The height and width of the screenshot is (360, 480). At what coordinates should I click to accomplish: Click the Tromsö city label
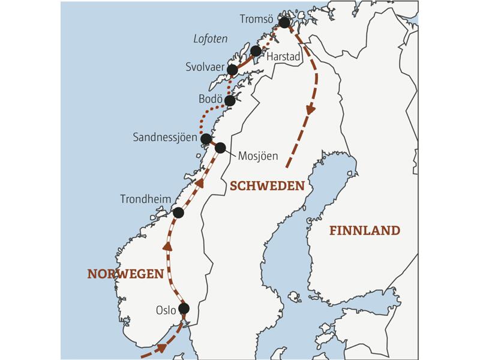[257, 20]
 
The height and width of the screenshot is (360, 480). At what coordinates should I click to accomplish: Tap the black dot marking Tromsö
[284, 23]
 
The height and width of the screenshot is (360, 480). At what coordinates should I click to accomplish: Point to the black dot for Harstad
[256, 51]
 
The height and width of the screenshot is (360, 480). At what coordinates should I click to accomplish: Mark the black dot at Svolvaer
[233, 70]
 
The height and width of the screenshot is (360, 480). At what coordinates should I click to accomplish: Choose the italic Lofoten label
[210, 39]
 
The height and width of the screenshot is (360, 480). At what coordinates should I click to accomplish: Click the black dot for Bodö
[230, 101]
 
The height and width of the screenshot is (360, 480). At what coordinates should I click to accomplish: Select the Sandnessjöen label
[165, 137]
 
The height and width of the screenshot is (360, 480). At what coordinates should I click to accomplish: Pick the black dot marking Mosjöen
[220, 147]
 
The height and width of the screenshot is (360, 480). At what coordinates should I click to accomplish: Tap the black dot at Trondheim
[178, 212]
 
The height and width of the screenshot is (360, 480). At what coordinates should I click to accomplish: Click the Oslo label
[166, 310]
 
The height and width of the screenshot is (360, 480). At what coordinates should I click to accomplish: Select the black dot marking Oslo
[184, 308]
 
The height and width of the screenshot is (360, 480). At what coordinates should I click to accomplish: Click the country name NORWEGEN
[125, 274]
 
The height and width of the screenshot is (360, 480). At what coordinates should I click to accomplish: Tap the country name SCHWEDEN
[267, 186]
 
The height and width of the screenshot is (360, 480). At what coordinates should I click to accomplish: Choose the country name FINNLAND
[364, 230]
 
